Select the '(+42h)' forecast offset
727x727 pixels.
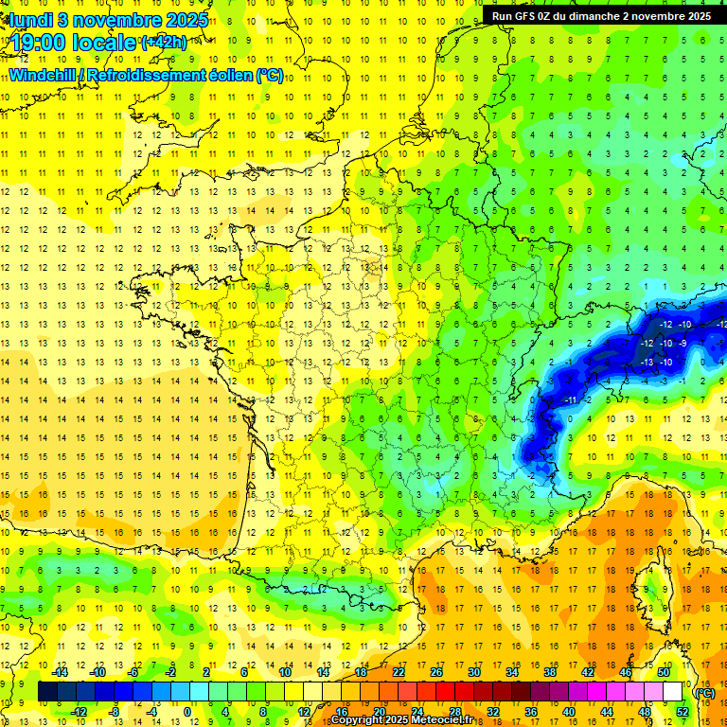164,42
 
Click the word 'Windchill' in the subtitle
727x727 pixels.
45,75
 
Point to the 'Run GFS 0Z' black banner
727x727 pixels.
601,16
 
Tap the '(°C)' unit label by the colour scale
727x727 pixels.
704,692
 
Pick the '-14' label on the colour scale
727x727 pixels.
61,672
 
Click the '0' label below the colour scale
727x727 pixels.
187,711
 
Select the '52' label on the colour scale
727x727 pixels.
682,711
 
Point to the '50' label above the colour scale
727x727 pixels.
664,672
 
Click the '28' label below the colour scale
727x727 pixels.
454,711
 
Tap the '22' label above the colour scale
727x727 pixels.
399,672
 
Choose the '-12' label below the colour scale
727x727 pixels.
80,711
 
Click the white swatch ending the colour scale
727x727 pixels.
673,692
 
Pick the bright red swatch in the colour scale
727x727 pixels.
445,692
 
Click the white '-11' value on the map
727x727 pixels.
572,400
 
